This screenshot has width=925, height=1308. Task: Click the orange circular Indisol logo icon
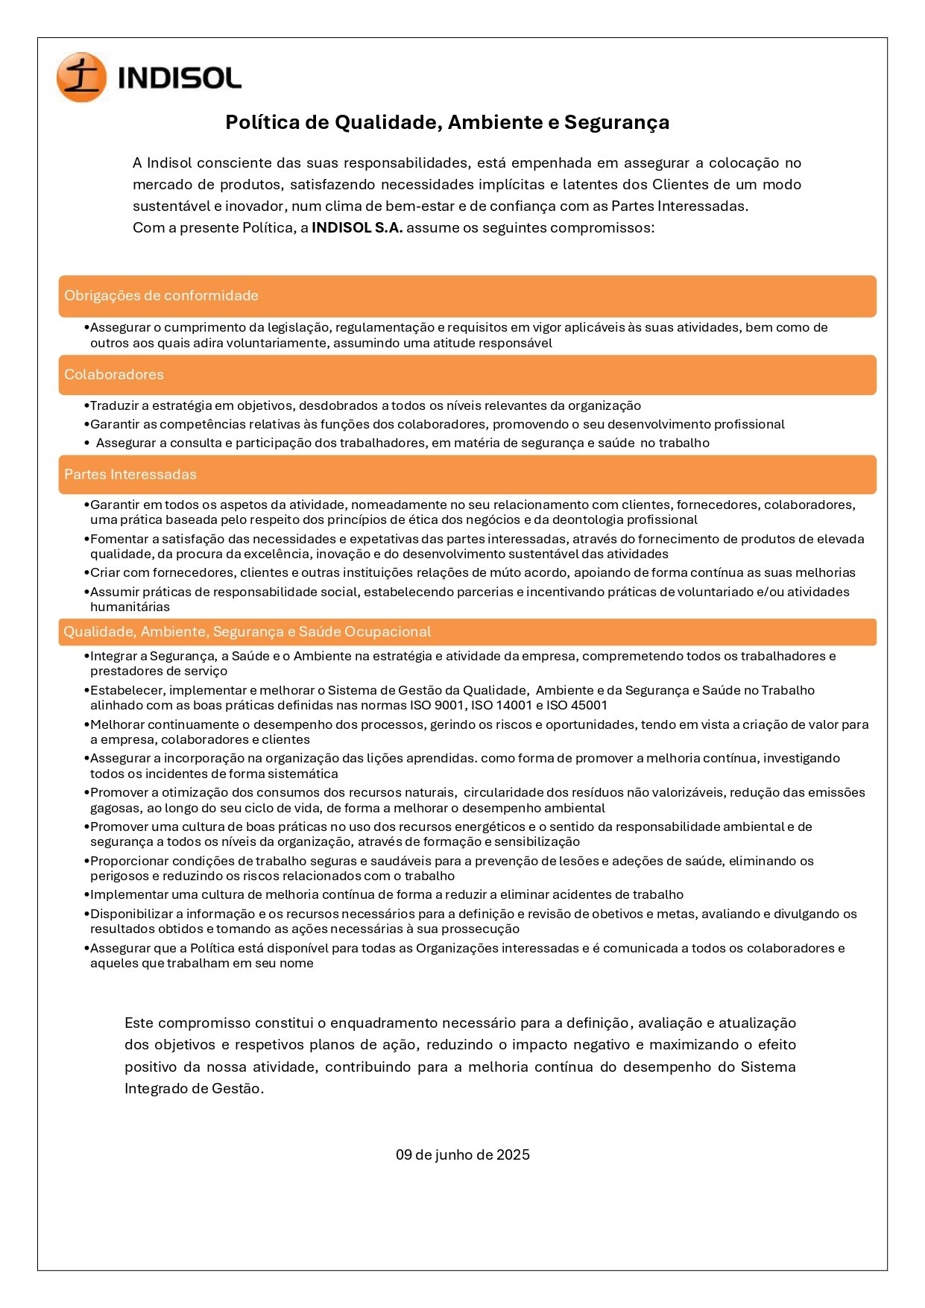click(81, 78)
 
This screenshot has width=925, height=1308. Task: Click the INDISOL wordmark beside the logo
click(180, 78)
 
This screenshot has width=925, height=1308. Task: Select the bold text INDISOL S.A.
click(357, 228)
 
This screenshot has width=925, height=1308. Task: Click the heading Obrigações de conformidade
click(161, 296)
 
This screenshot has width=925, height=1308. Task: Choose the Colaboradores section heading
click(114, 375)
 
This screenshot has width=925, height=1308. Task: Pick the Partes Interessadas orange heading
click(130, 475)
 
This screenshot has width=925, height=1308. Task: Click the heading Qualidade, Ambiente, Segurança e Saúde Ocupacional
click(247, 632)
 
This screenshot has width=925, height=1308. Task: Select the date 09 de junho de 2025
click(462, 1155)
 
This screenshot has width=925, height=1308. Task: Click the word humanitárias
click(130, 607)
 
